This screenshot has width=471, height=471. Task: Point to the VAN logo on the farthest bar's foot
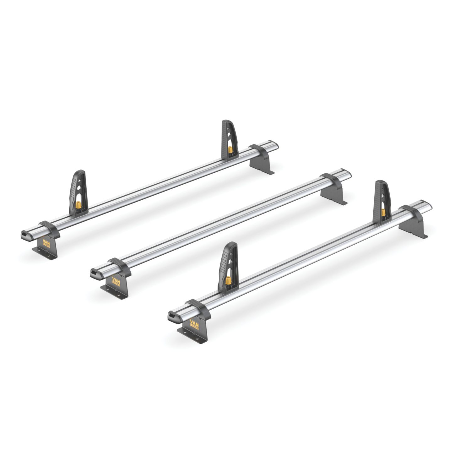click(46, 243)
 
